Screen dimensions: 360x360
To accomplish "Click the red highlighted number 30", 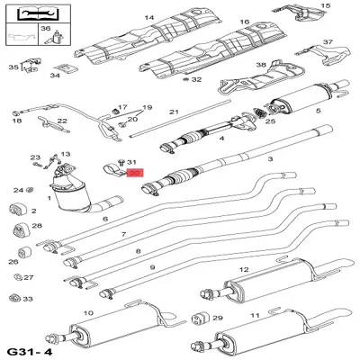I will coord(135,173).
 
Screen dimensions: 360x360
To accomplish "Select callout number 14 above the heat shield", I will coord(149,18).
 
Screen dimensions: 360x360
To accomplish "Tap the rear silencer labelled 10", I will coord(112,333).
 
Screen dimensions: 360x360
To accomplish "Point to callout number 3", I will coord(268,158).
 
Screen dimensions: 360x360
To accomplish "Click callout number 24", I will coord(18,190).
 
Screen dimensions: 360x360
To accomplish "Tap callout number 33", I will coord(28,299).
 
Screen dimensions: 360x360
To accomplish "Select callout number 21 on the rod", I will coord(175,112).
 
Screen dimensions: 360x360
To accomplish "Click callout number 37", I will coord(328,42).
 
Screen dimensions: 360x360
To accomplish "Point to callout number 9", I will coord(153,267).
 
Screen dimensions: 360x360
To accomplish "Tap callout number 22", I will coord(62,121).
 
